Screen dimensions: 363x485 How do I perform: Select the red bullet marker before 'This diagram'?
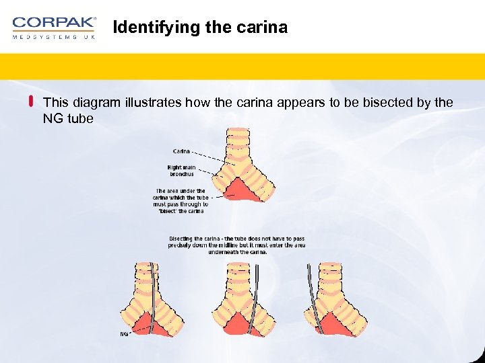pos(31,102)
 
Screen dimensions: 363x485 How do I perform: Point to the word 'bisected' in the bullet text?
pos(379,103)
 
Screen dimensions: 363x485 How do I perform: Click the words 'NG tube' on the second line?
pos(67,118)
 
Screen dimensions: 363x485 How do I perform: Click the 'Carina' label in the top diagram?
pos(181,151)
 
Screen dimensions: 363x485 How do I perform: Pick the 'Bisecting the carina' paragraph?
pos(236,245)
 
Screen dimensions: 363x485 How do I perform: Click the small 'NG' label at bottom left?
pos(124,334)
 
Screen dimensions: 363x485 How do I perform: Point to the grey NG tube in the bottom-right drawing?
pos(311,289)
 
